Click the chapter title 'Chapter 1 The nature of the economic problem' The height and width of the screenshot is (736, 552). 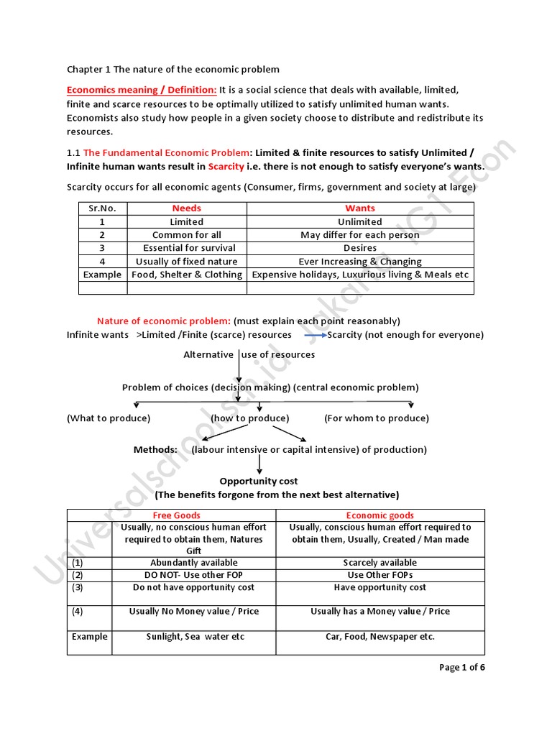[x=173, y=69]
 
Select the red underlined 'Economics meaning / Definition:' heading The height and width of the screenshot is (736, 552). [x=142, y=90]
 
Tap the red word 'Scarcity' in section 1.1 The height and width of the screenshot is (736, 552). [x=226, y=167]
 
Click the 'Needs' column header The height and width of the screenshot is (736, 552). [x=187, y=208]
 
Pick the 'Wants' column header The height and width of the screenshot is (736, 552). [x=360, y=208]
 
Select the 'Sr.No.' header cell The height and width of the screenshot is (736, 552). [x=103, y=208]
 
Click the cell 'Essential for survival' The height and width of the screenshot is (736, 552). [x=187, y=248]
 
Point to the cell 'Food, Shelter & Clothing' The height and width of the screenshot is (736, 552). [x=187, y=275]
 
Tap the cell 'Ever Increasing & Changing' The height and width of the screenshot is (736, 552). [x=360, y=262]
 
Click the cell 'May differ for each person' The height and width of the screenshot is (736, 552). [x=360, y=235]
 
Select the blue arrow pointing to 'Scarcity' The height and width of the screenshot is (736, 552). [x=315, y=335]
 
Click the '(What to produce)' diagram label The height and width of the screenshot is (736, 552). [x=109, y=418]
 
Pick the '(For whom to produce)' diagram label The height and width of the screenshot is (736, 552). [x=377, y=418]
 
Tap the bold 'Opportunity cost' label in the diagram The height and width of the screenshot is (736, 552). [x=259, y=481]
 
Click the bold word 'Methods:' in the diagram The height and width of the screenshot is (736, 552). [x=155, y=450]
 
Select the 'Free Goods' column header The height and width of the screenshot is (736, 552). [x=177, y=515]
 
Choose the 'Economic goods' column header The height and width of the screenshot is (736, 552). [x=379, y=515]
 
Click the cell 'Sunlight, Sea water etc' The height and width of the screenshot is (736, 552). [x=195, y=637]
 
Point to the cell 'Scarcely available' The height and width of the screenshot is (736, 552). [x=379, y=563]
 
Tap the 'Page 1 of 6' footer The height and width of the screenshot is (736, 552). [x=462, y=668]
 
